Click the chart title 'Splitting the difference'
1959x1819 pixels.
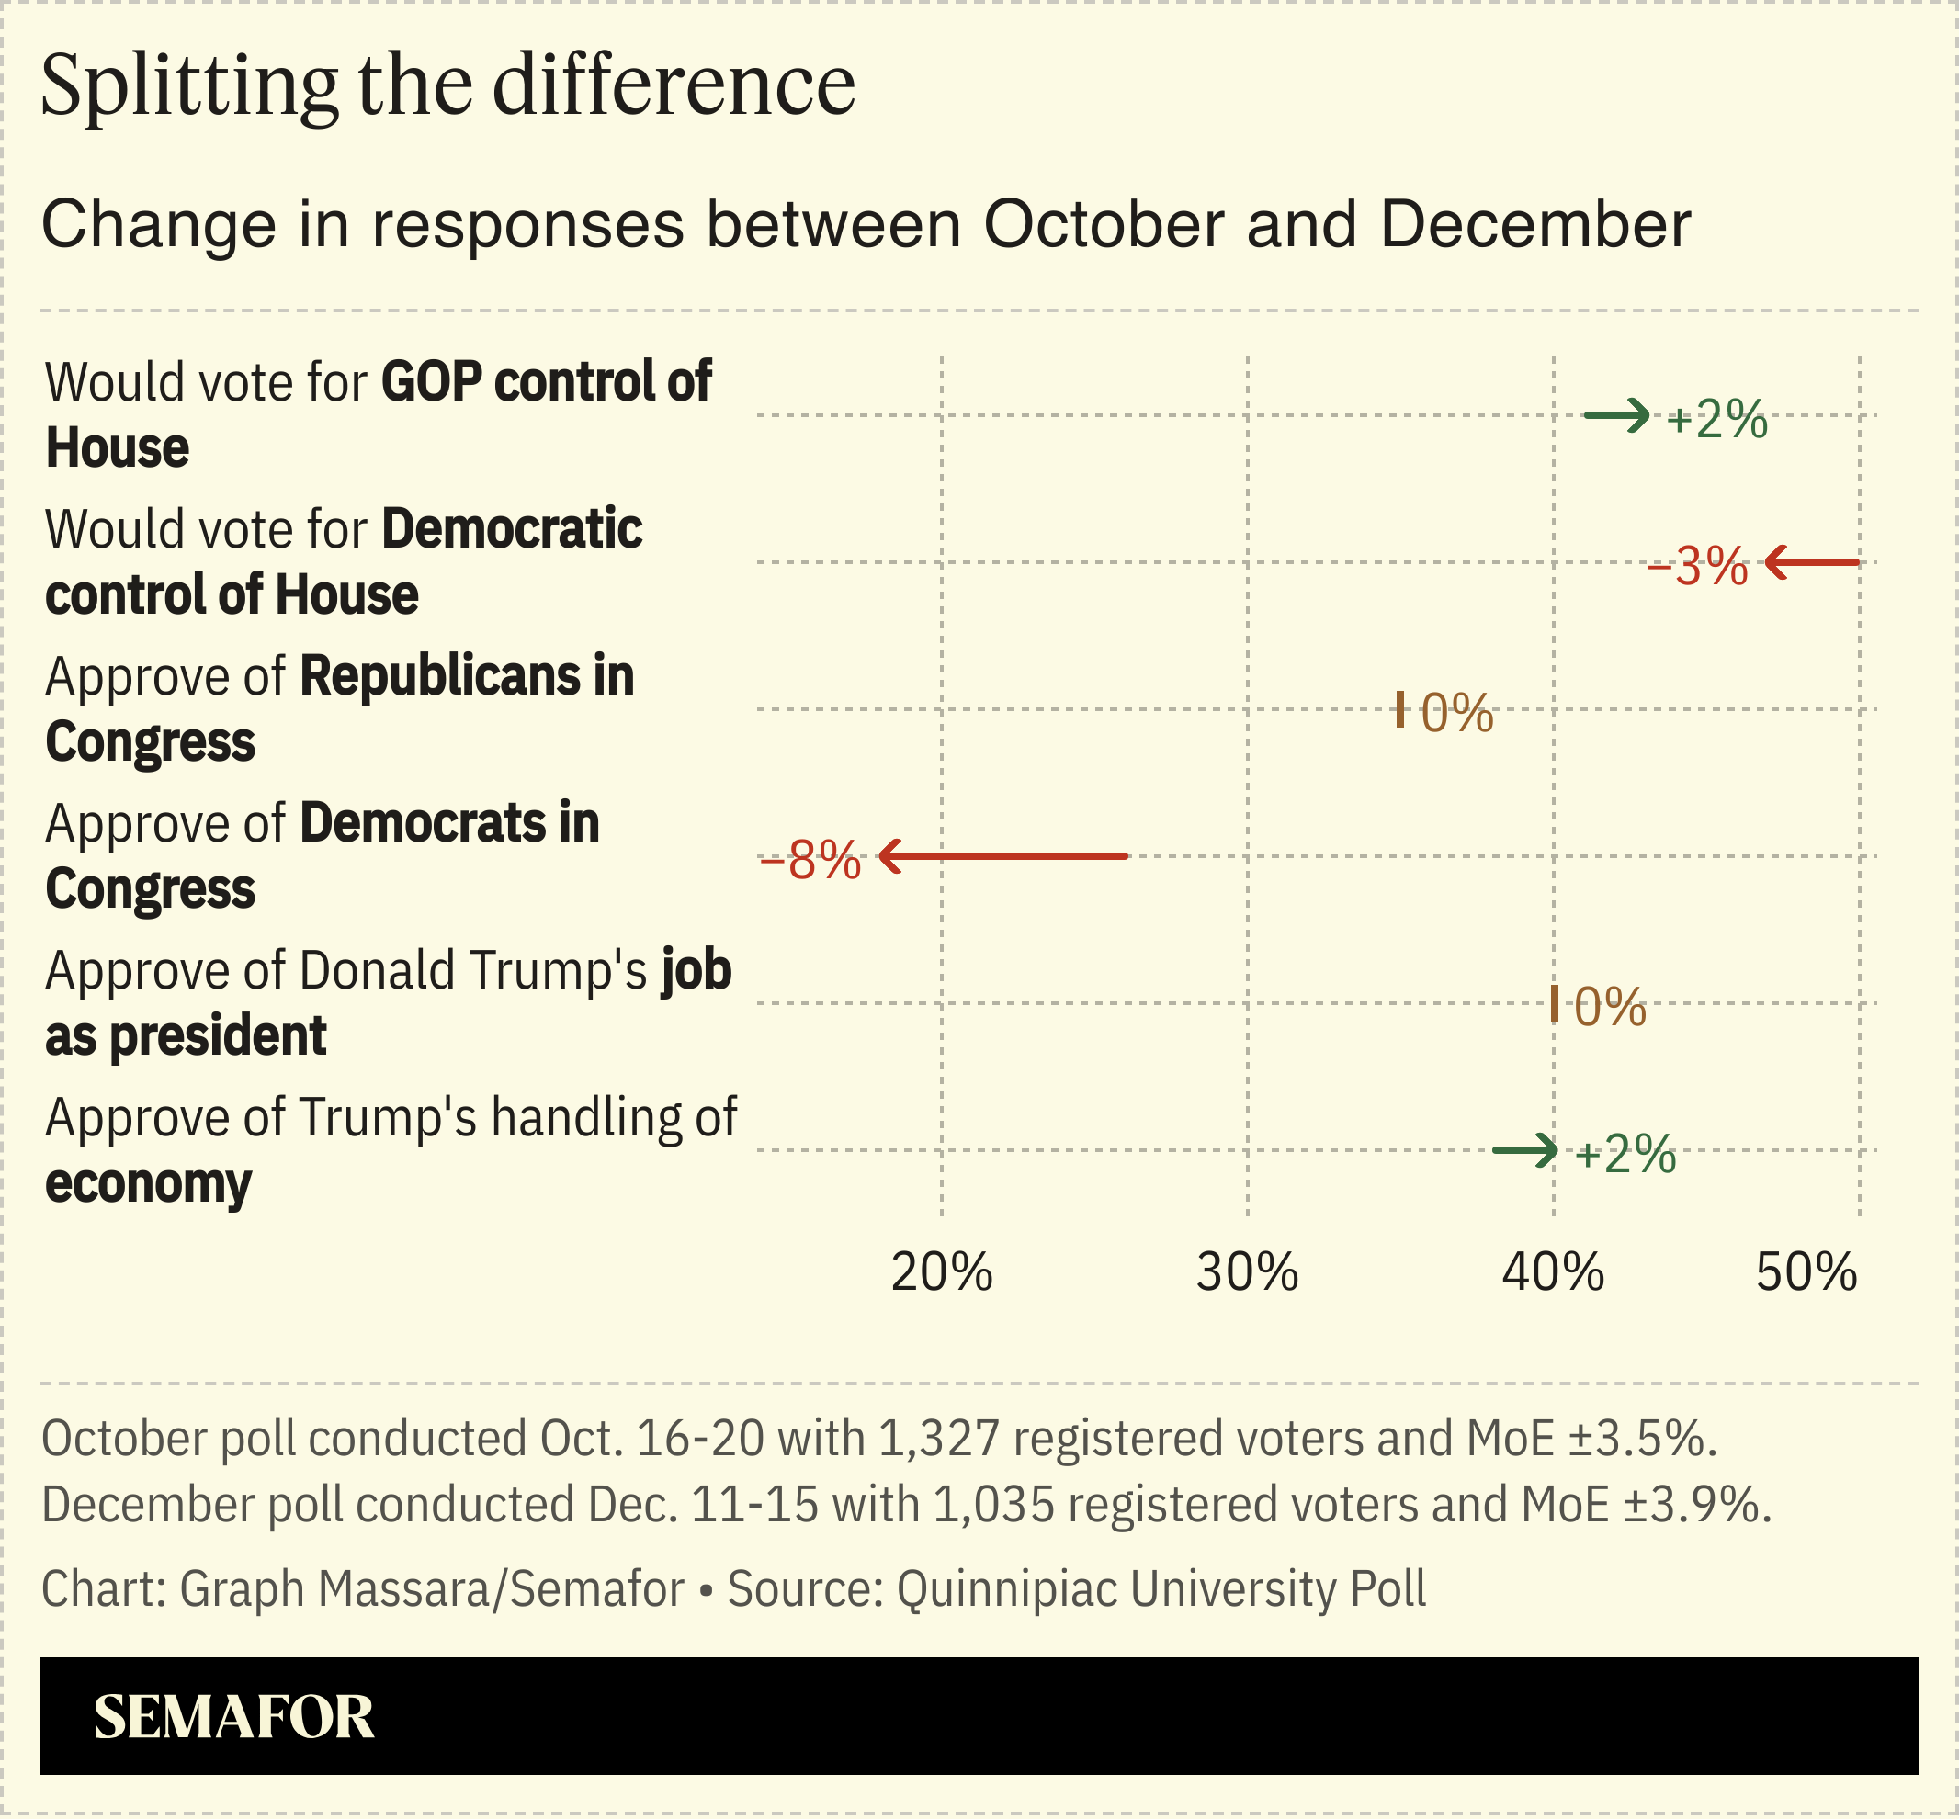tap(447, 86)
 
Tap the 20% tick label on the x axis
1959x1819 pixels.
tap(941, 1271)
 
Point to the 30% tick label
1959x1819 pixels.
tap(1247, 1271)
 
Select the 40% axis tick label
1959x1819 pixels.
tap(1553, 1271)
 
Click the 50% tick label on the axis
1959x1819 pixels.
tap(1806, 1271)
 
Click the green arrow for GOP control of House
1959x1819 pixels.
tap(1616, 415)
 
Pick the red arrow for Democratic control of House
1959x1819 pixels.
tap(1811, 563)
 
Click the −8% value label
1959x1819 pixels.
tap(810, 860)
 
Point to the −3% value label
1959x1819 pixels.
tap(1697, 567)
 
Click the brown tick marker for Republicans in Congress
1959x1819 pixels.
tap(1399, 709)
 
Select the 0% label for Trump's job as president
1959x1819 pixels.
tap(1610, 1007)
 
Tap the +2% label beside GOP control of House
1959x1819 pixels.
tap(1716, 421)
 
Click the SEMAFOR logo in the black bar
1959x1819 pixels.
tap(233, 1718)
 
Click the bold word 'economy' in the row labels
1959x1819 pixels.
tap(149, 1183)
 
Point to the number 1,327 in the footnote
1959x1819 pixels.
tap(938, 1438)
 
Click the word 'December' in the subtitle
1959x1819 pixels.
tap(1534, 224)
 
